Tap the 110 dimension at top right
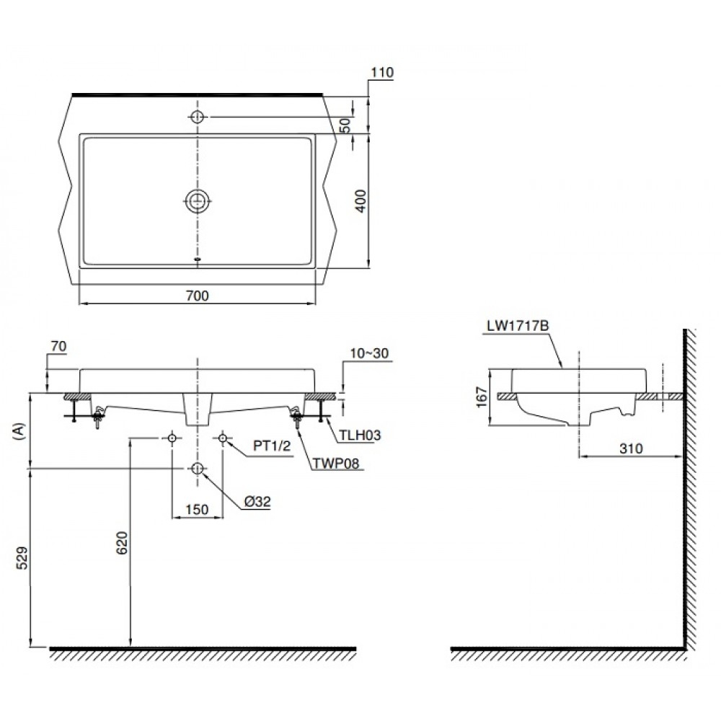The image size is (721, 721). tap(381, 72)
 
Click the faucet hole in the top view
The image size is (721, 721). tap(198, 117)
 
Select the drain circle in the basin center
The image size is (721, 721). tap(198, 202)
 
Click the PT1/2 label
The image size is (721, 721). tap(271, 446)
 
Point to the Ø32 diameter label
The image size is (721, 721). tap(257, 503)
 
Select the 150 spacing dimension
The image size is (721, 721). tap(196, 510)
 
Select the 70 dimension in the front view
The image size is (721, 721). tap(59, 348)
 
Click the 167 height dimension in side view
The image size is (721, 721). tap(482, 397)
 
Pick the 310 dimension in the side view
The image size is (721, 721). tap(631, 448)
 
